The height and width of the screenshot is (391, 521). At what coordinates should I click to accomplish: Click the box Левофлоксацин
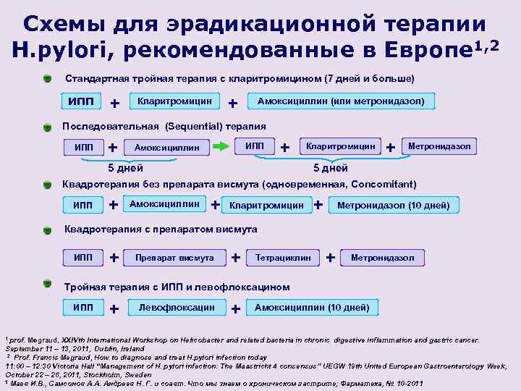coord(176,308)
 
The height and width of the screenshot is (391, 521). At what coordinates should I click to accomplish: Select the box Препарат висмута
coord(174,258)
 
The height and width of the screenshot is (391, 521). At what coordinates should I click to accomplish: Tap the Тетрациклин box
coord(283,258)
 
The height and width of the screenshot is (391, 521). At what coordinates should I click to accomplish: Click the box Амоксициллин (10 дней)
coord(312,308)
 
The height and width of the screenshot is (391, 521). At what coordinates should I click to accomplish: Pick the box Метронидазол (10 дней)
coord(393,206)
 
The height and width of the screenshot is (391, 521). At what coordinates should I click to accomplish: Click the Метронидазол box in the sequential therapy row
coord(439,147)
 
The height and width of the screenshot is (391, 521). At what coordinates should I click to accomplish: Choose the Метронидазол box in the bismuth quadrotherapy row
coord(382,258)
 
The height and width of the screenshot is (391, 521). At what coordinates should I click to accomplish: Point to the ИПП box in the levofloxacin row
coord(83,308)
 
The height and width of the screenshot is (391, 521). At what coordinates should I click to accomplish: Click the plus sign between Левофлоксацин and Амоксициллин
coord(235,309)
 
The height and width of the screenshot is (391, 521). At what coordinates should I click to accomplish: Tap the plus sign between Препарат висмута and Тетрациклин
coord(235,258)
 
